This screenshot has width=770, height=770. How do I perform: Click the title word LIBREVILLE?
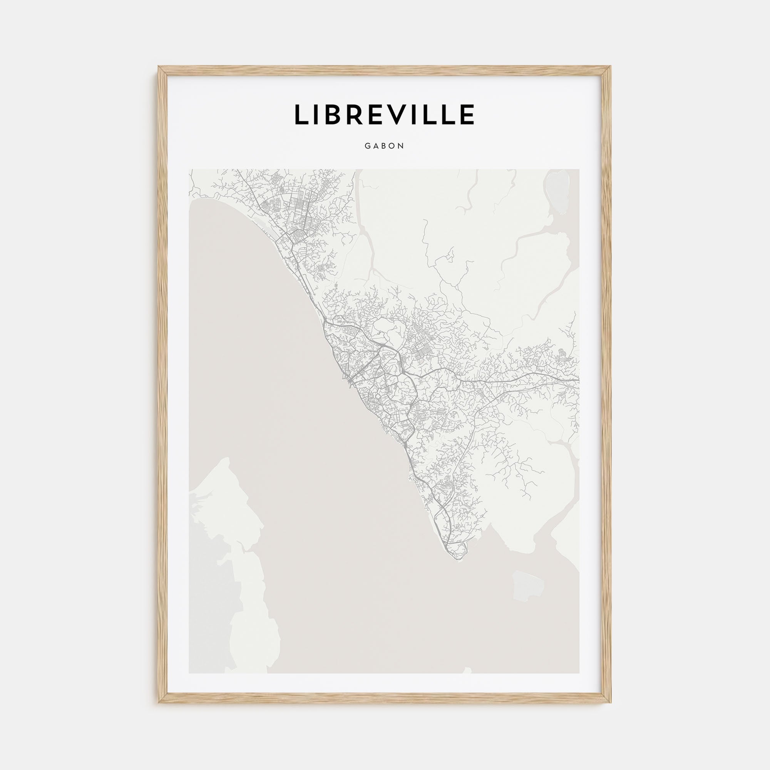384,115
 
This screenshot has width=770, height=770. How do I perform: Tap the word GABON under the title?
384,146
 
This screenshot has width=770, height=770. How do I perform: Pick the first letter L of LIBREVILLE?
301,115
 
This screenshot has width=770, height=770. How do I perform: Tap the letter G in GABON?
367,146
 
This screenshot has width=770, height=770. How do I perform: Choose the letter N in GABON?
401,146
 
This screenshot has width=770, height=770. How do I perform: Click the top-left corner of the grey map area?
189,170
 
